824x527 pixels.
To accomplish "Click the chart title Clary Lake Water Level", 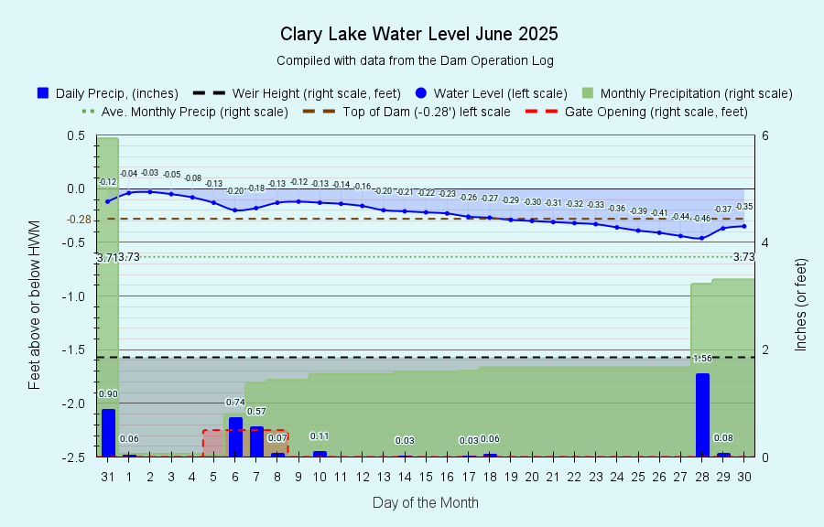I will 418,35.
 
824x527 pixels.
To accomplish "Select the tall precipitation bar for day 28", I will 702,414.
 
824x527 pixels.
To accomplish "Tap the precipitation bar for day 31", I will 108,433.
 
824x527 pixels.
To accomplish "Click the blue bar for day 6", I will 235,436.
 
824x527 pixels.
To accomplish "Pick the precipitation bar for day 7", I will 256,441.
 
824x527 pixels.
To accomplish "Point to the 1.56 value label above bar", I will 702,359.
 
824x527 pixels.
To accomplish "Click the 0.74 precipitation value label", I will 235,403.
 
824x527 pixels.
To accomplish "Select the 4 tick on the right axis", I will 764,242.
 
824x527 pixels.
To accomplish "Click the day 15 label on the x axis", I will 426,477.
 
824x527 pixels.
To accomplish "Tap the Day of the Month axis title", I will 425,502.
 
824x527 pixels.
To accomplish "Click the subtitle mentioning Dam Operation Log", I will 415,60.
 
